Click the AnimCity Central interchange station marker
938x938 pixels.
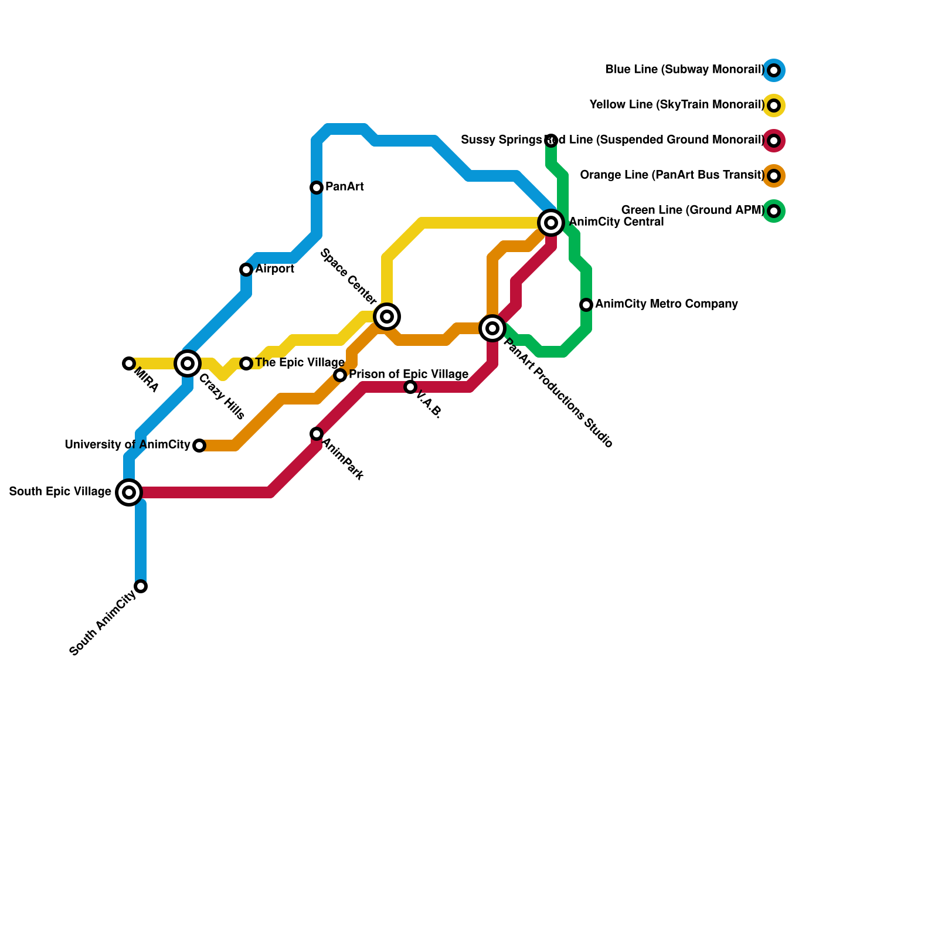(x=551, y=223)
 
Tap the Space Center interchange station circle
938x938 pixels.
(x=387, y=317)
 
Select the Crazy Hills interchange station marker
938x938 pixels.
(x=188, y=363)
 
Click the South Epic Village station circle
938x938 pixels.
(x=129, y=492)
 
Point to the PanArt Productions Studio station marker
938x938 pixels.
(x=492, y=328)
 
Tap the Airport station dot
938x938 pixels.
(x=246, y=270)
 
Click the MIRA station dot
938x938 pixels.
(x=129, y=363)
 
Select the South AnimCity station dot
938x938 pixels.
(x=141, y=586)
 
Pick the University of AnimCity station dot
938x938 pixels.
(x=199, y=446)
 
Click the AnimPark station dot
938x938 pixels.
(x=317, y=434)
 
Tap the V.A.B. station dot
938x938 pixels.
(x=410, y=387)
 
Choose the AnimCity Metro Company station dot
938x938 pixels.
(x=586, y=305)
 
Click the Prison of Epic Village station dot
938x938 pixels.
(x=340, y=375)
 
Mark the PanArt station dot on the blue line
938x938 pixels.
(x=317, y=188)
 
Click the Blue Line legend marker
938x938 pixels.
(x=774, y=70)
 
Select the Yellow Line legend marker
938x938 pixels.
(x=774, y=106)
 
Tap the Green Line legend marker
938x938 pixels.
(x=774, y=211)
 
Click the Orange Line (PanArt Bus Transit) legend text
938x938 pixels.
(x=672, y=175)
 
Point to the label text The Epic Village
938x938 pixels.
(x=300, y=363)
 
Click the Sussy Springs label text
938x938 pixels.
(x=501, y=140)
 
